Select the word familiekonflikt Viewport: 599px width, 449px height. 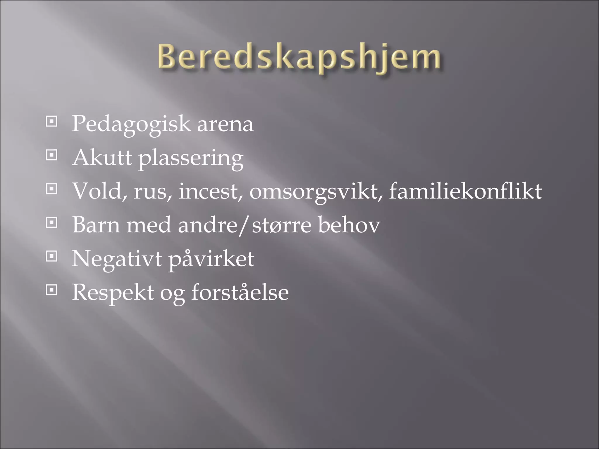click(465, 191)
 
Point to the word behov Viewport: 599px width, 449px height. click(349, 225)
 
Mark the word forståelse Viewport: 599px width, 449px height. click(240, 292)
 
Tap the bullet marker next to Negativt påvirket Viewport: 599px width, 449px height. click(51, 256)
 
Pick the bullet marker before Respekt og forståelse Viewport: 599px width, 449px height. click(51, 290)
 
